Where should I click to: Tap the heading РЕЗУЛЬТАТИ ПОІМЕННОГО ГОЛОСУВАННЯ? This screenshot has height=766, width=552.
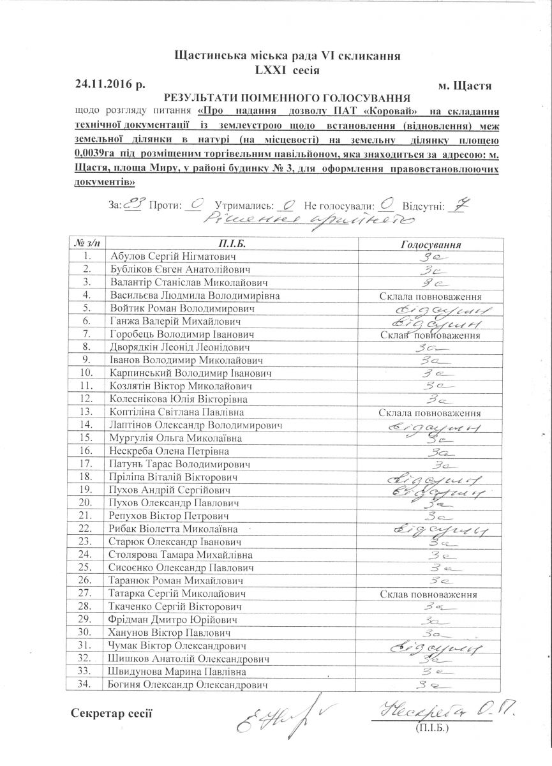tap(287, 98)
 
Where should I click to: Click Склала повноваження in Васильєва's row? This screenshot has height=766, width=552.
tap(430, 297)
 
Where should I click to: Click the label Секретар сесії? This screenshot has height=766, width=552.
tap(112, 712)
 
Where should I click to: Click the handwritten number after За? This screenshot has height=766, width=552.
tap(133, 204)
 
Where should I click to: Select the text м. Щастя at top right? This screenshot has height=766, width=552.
tap(465, 84)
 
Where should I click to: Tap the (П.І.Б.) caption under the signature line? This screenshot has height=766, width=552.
tap(433, 727)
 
